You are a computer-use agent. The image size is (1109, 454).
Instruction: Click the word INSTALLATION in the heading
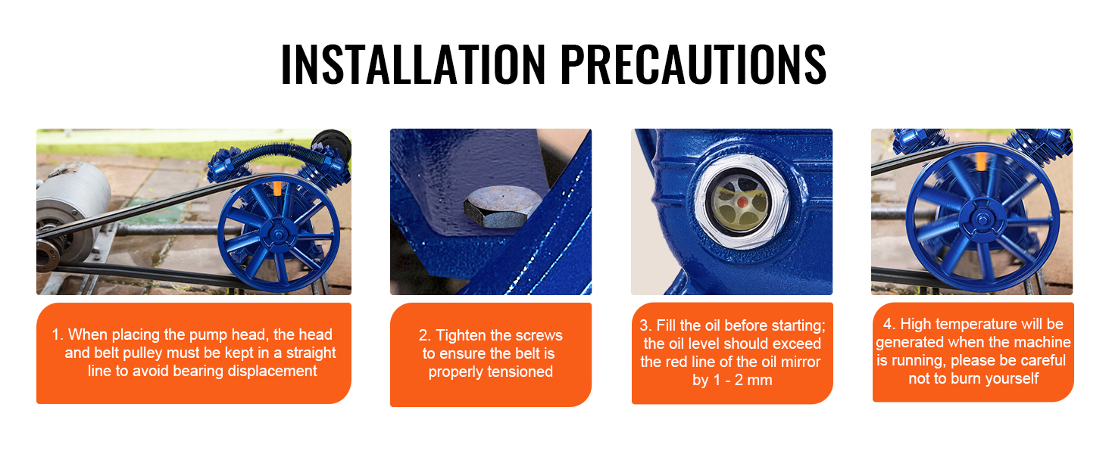pos(414,64)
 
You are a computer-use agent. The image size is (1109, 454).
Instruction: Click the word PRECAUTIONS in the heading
pos(694,64)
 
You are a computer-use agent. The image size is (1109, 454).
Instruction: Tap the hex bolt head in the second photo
pos(502,207)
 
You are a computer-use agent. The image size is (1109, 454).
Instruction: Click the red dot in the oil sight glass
pos(742,202)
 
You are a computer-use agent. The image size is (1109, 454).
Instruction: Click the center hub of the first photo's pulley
pos(278,234)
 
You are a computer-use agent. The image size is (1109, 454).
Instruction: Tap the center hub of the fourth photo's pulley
pos(982,218)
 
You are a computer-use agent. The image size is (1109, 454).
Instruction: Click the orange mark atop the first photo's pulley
pos(278,188)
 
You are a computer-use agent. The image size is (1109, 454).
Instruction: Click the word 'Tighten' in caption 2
pos(458,335)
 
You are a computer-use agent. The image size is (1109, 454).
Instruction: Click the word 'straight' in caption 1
pos(311,353)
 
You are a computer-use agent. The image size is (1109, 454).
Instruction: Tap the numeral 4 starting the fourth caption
pos(888,324)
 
